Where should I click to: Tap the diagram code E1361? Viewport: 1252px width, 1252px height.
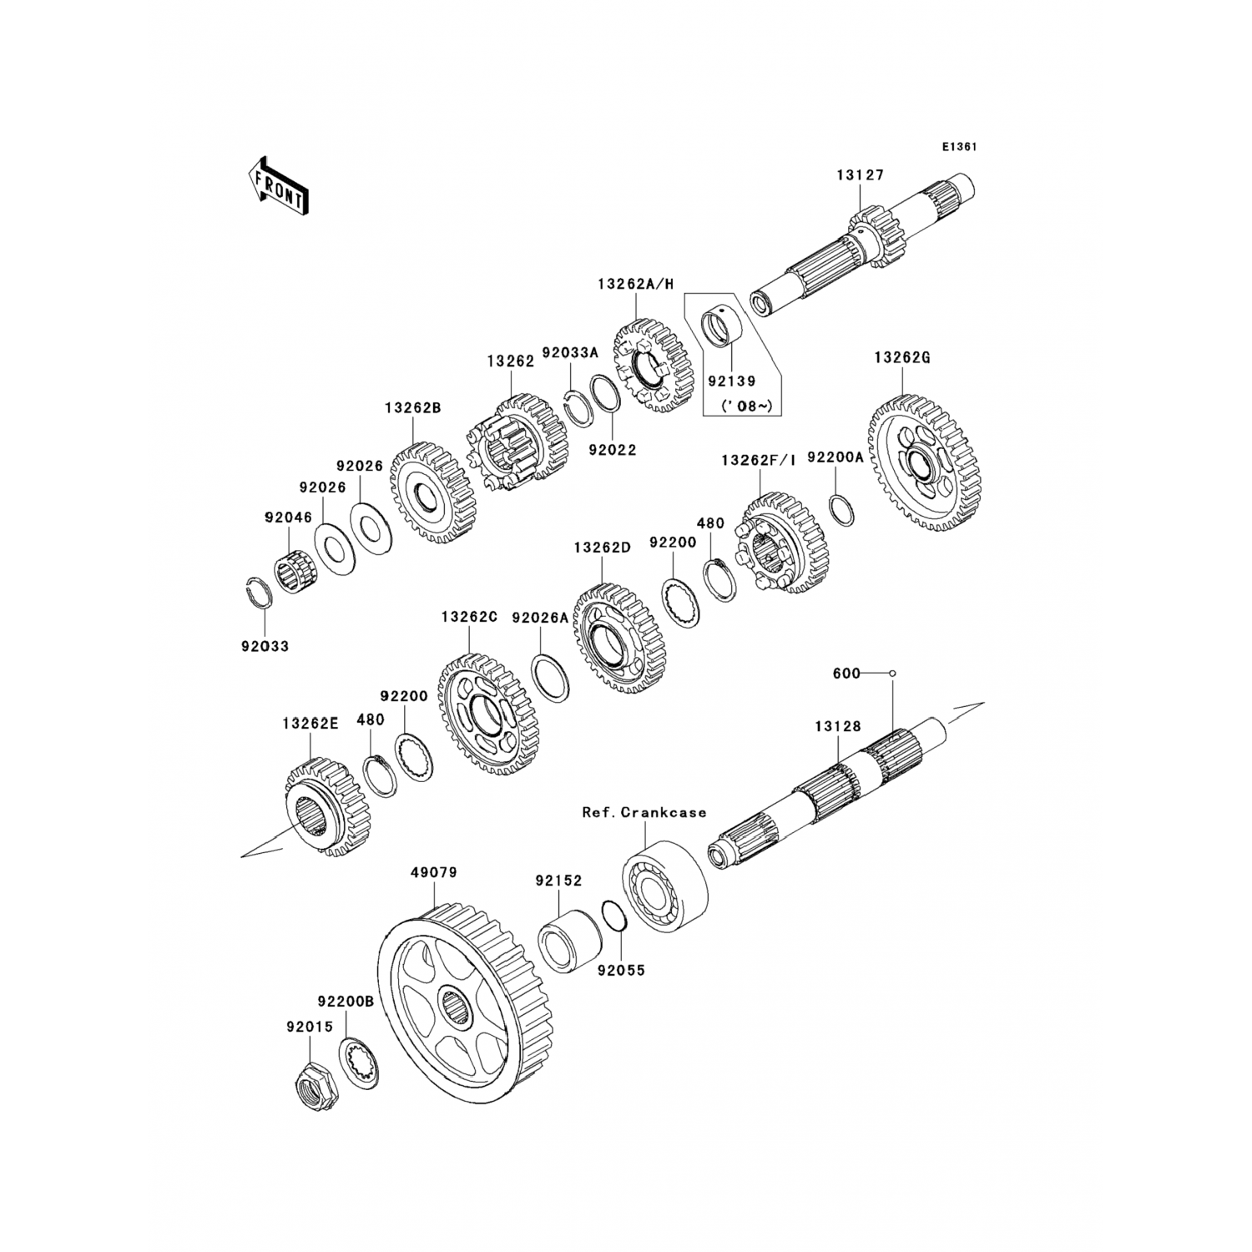[959, 146]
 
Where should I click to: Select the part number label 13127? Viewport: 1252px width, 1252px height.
[861, 175]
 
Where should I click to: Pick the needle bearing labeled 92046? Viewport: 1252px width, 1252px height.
[292, 569]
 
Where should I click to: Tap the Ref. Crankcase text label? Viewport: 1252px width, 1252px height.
[644, 812]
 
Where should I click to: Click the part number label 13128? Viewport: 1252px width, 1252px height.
[838, 727]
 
